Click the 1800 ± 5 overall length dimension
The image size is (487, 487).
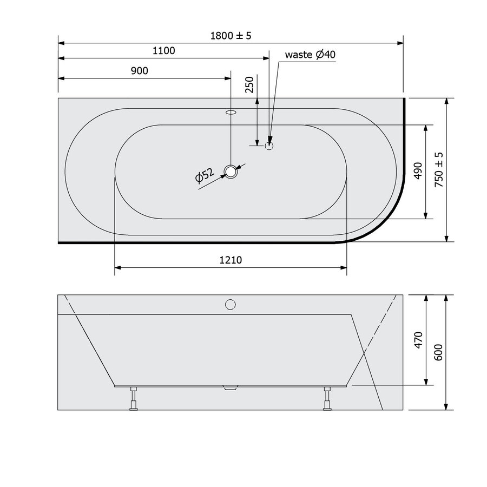231,36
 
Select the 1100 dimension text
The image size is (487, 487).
164,51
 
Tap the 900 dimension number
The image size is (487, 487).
140,71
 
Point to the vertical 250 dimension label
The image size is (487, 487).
249,85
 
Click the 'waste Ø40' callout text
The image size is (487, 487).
311,55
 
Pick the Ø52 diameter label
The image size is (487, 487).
206,176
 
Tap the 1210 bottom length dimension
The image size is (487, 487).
231,260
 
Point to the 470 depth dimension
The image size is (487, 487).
418,339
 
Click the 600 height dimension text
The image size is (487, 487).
439,352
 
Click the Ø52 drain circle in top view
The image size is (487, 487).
231,172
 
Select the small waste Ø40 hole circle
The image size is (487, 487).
269,146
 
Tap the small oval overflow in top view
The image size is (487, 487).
231,113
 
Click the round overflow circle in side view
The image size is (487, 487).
231,304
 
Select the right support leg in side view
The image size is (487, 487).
327,399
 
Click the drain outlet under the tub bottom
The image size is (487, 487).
231,387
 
